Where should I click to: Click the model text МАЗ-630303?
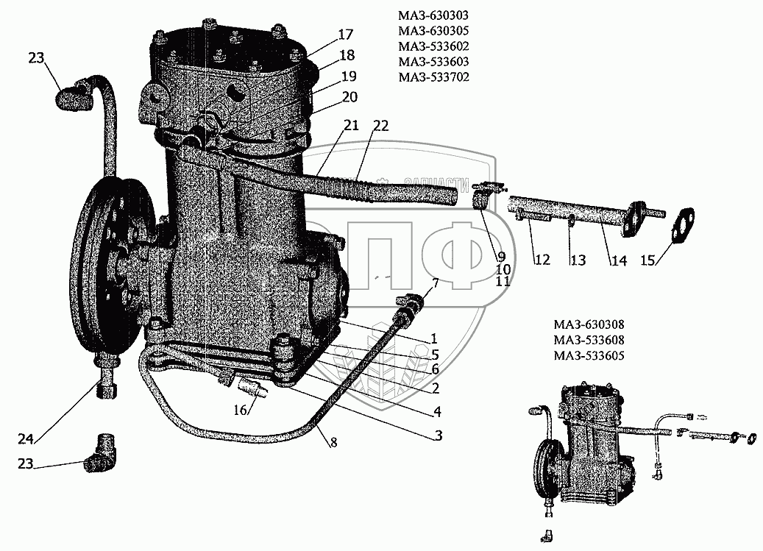coord(433,15)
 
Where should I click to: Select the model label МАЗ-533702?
coord(433,77)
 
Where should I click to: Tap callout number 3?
coord(438,435)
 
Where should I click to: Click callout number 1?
coord(435,339)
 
